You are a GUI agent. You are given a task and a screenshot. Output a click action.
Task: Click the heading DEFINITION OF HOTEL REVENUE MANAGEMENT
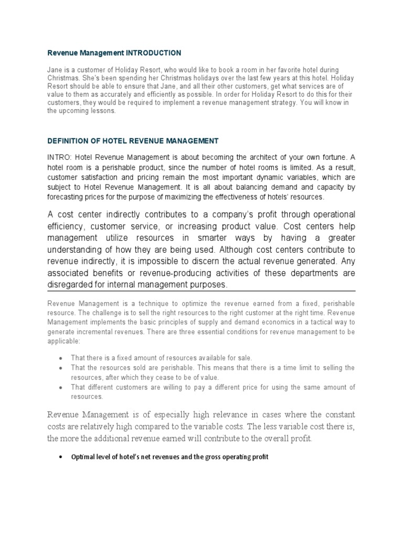[133, 141]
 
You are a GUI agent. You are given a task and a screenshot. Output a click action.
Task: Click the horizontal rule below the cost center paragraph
[201, 291]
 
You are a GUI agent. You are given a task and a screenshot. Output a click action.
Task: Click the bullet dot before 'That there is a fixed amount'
[61, 358]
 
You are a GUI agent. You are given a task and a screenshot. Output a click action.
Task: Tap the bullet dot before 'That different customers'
[61, 388]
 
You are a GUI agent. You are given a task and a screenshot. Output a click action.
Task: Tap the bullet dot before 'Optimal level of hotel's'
[61, 458]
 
